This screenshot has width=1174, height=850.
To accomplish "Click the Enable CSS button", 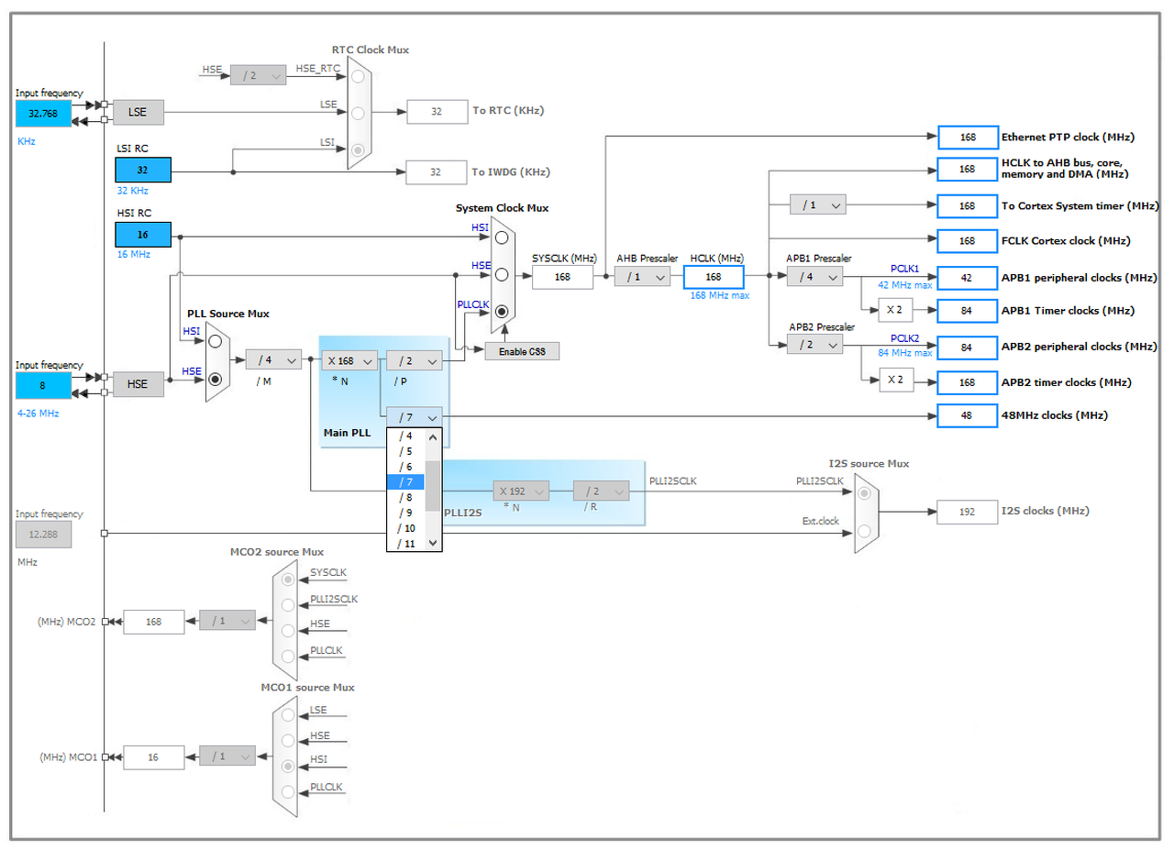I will coord(522,350).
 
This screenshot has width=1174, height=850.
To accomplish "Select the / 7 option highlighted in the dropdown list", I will coord(405,481).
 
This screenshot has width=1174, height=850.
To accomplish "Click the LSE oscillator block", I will coord(138,113).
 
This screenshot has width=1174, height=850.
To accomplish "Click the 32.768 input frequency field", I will coord(42,114).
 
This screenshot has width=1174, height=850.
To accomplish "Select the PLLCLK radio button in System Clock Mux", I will coord(501,311).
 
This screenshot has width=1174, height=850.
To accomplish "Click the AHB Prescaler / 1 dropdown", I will coord(642,276).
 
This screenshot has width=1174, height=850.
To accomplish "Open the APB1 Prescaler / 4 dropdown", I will coord(814,276).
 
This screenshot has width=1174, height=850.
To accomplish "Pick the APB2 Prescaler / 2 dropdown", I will coord(814,345).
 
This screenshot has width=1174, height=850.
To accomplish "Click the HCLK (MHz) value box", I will coord(714,276).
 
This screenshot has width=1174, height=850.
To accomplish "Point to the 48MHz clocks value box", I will coord(967,415).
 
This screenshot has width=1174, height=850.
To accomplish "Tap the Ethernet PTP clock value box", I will coord(967,138).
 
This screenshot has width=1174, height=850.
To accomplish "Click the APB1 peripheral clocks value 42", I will coord(967,277).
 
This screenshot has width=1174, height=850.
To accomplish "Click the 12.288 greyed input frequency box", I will coord(42,535).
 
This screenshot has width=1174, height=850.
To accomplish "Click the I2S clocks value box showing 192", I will coord(967,512).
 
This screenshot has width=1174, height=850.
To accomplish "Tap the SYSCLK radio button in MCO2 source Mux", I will coord(289,580).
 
